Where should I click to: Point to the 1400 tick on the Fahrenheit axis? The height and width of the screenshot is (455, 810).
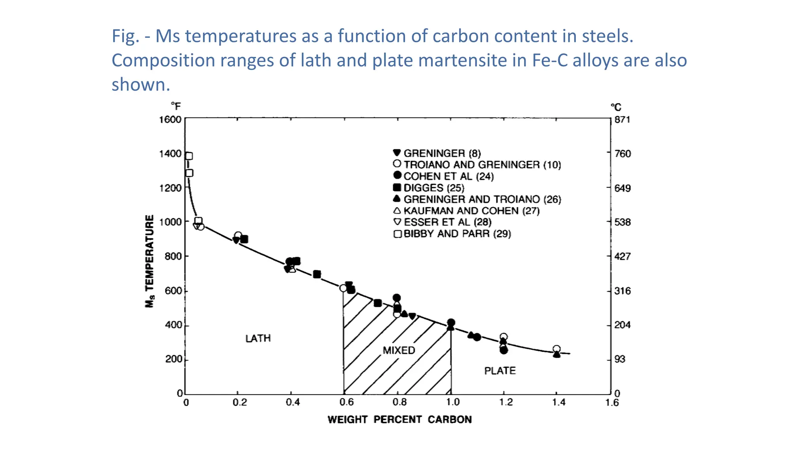coord(170,154)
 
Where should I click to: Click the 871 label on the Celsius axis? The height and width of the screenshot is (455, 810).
coord(622,120)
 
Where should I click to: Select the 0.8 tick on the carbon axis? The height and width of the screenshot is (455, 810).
coord(399,402)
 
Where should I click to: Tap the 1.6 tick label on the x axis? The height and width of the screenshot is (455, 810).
coord(612,402)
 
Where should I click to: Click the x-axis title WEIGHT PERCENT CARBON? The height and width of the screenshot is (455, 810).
coord(399,419)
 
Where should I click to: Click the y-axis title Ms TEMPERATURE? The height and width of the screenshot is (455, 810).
coord(150,261)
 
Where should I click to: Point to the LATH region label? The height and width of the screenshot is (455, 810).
coord(258,338)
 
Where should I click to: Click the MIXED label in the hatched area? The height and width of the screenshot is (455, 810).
coord(399,350)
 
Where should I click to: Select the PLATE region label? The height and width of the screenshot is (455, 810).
coord(500,371)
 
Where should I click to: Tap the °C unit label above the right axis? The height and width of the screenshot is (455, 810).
coord(616,107)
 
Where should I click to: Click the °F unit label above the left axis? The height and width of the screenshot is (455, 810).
coord(176,106)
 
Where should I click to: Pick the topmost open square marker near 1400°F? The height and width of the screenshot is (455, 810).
coord(189,156)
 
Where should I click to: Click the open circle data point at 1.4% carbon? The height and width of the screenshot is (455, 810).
coord(556,349)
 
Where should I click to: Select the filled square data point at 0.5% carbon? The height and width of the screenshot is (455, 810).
coord(317,274)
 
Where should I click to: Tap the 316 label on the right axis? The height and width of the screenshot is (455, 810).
coord(622,291)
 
